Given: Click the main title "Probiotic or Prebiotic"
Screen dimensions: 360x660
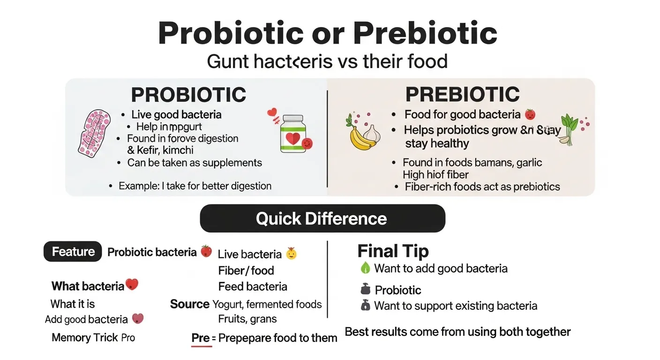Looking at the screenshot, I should [327, 34].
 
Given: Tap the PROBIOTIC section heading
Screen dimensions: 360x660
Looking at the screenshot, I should [188, 95].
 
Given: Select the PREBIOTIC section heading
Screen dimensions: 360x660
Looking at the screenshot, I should [462, 94].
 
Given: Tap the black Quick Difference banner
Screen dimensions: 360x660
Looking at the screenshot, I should [322, 218].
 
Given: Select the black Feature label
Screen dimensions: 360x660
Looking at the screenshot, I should [73, 252].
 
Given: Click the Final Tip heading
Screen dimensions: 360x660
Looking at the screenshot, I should [393, 251].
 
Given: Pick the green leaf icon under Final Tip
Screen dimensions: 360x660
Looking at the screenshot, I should [365, 268].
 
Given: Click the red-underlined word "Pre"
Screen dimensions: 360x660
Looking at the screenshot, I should [201, 337].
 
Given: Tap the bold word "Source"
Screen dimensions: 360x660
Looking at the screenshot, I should [189, 304].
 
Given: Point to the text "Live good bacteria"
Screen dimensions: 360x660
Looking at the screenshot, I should [176, 114].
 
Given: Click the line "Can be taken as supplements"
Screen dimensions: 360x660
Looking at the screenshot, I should [194, 163].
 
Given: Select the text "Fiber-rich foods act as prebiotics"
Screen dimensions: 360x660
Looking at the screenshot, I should [482, 187].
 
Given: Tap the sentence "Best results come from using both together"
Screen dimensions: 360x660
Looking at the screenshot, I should [457, 332].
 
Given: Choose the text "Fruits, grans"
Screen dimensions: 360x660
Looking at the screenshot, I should [247, 319].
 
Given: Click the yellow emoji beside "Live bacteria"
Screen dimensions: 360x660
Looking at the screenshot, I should [291, 254].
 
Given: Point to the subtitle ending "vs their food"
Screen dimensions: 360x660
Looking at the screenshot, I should [327, 61].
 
